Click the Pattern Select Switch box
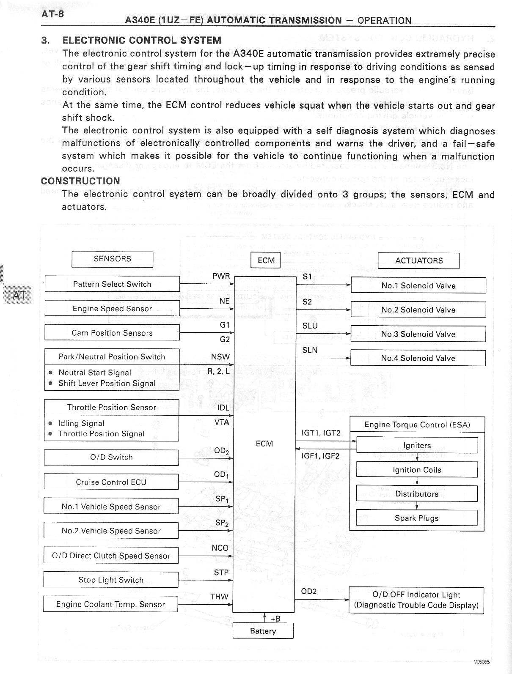click(x=112, y=284)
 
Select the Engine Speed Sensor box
click(x=112, y=309)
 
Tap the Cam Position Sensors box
click(x=112, y=333)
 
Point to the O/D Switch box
click(x=111, y=457)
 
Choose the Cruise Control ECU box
click(x=111, y=482)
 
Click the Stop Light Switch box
click(x=111, y=580)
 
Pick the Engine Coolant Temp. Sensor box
click(x=110, y=604)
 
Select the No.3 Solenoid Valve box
click(x=418, y=334)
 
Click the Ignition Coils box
click(x=417, y=470)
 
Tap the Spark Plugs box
click(x=417, y=518)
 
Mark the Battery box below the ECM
click(x=263, y=631)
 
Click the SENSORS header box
click(x=112, y=259)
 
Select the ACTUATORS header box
click(x=418, y=260)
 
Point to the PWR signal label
click(x=221, y=276)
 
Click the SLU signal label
click(x=310, y=326)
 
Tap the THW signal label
click(x=219, y=597)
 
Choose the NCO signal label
click(x=220, y=548)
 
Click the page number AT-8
click(x=52, y=14)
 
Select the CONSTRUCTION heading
click(x=80, y=181)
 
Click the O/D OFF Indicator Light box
click(x=416, y=600)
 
